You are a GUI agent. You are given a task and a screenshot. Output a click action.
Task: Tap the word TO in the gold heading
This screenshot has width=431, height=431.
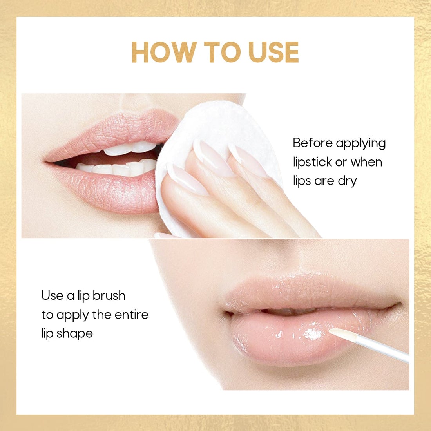click(x=222, y=52)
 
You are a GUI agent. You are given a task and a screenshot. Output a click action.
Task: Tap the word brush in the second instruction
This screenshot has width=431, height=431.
click(x=109, y=295)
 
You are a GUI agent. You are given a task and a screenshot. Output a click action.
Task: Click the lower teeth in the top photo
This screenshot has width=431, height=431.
click(x=118, y=169)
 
